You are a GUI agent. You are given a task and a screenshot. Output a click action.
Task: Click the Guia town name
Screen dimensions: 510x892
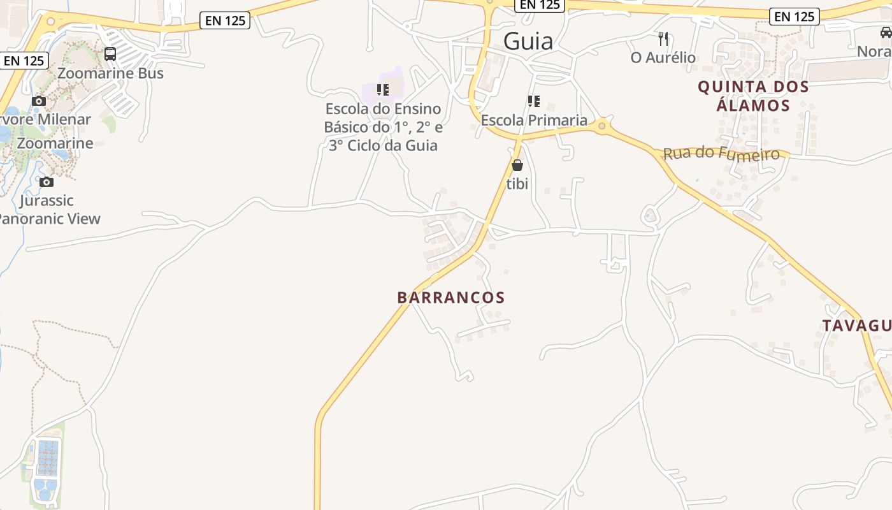tap(528, 41)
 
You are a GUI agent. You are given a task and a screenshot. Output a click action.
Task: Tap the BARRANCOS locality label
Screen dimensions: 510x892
tap(450, 298)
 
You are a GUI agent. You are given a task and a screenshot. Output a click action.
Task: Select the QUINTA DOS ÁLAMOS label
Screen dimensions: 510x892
tap(753, 96)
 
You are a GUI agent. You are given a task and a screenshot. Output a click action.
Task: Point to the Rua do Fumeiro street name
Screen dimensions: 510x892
tap(721, 154)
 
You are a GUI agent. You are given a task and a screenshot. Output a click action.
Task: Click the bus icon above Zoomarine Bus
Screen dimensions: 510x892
tap(110, 54)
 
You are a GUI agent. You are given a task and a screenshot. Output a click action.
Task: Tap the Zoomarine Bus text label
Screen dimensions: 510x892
tap(110, 73)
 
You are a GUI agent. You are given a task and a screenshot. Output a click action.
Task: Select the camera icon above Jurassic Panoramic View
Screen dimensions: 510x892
tap(47, 182)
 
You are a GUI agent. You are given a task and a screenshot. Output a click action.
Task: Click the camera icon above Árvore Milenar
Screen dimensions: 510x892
tap(39, 101)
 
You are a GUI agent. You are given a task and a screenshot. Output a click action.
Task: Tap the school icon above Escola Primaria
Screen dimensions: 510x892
tap(534, 101)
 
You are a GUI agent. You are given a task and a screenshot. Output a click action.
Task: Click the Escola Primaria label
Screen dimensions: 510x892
tap(534, 120)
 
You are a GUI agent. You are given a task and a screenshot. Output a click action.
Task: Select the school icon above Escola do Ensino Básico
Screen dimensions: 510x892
tap(382, 89)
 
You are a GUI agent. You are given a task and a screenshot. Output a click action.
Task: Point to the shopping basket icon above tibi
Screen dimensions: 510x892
tap(517, 166)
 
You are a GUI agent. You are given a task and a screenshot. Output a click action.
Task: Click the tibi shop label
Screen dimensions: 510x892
tap(517, 184)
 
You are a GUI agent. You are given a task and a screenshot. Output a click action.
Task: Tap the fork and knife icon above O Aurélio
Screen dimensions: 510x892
tap(663, 39)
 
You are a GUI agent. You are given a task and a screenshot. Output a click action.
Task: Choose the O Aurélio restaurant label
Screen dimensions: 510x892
tap(663, 58)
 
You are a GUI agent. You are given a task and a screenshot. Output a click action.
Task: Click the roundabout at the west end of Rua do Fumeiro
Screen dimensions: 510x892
tap(601, 126)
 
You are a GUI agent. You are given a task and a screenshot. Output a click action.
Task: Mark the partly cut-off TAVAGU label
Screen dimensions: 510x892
tap(856, 326)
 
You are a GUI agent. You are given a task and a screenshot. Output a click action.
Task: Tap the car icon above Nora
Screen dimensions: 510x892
tap(886, 33)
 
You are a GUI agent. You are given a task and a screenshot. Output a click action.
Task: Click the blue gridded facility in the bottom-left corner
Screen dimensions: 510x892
tap(48, 457)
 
